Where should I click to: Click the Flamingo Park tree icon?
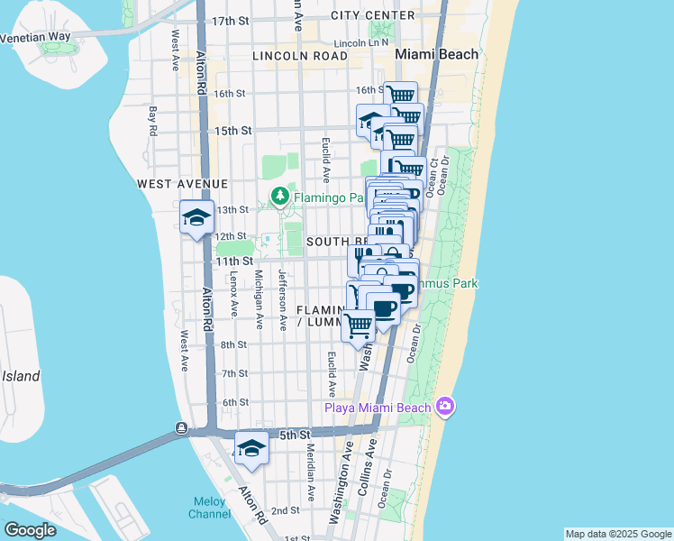coord(280,195)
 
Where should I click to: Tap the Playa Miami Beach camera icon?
coord(443,408)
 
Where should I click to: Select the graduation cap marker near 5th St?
coord(251,448)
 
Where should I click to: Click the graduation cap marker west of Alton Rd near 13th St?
coord(196,217)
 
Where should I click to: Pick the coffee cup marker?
coord(384,308)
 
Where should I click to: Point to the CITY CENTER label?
coord(373,15)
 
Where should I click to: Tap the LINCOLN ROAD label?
coord(300,56)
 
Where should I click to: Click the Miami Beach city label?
coord(437,55)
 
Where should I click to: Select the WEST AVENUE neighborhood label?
coord(182,183)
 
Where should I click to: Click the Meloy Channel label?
coord(210,508)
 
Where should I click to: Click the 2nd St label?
coord(285,510)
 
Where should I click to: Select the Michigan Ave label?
coord(259,299)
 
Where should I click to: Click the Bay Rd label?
coord(153,121)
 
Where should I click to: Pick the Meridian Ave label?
coord(309,472)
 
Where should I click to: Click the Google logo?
coord(30,530)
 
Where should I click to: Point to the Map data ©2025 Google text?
coord(617,534)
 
